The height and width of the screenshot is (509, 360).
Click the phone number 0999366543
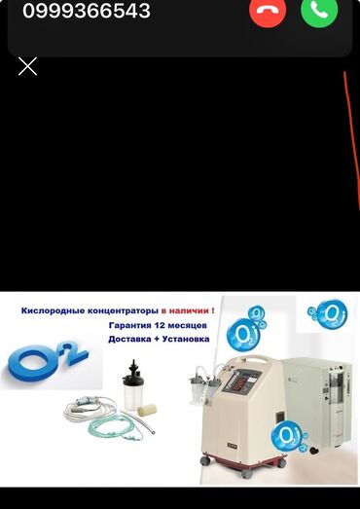87,11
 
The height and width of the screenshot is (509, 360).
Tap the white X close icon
27,66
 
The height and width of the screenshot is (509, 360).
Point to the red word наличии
190,310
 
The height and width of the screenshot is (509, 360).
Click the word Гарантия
129,325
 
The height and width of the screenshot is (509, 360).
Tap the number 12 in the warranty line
159,325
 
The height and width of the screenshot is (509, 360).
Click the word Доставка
125,340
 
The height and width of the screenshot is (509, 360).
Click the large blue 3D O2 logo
47,360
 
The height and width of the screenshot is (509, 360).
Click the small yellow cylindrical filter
147,410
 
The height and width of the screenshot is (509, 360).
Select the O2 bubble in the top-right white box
329,314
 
